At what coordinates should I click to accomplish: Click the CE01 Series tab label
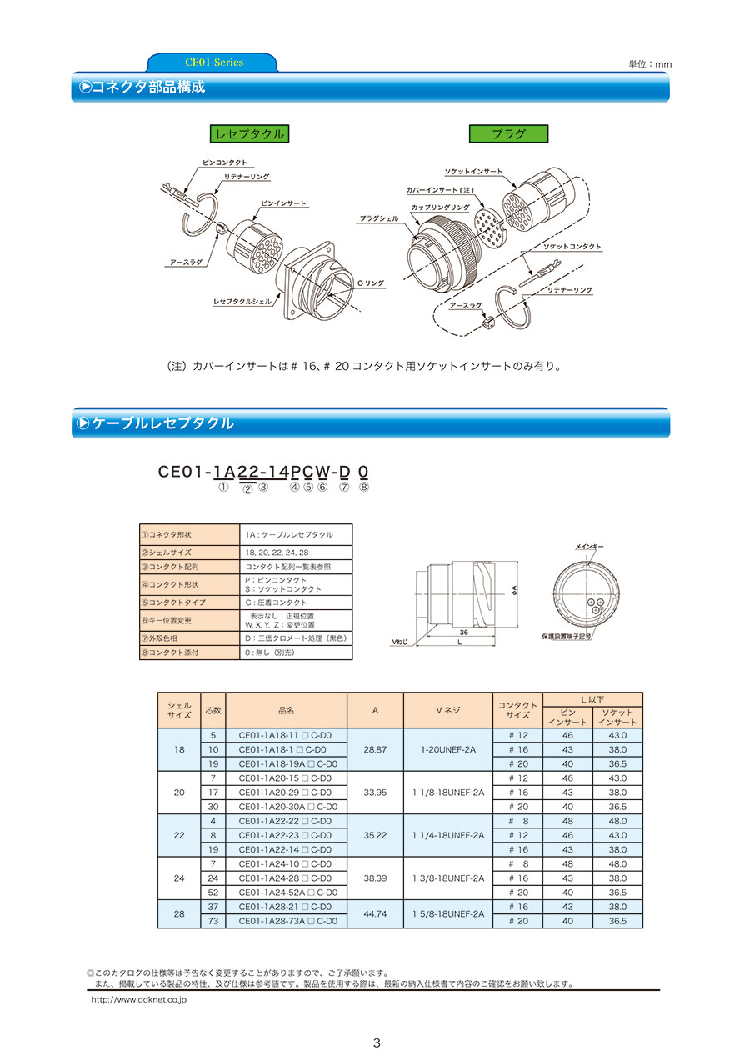point(213,63)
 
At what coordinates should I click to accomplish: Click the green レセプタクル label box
point(249,133)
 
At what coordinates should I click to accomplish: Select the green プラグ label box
point(508,133)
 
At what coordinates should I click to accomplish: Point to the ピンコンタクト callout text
point(224,163)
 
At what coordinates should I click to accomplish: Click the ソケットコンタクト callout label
point(572,247)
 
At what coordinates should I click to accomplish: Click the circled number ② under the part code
point(247,489)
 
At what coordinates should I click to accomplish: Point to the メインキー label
point(590,546)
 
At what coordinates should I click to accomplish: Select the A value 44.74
point(375,913)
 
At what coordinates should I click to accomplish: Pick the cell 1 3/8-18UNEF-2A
point(447,878)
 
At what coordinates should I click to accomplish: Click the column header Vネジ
point(447,710)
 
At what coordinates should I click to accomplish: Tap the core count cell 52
point(213,892)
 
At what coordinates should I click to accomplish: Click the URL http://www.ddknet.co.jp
point(138,998)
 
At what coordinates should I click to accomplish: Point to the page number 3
point(377,1043)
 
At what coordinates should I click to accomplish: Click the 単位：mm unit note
point(650,64)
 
